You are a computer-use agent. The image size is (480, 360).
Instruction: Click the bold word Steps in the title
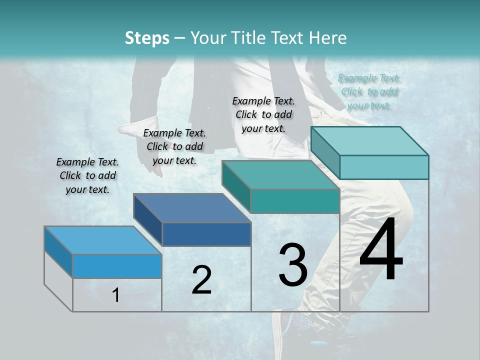coord(147,38)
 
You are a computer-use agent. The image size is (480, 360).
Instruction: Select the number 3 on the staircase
coord(293,265)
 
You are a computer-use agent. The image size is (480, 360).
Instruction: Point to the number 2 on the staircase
coord(201,280)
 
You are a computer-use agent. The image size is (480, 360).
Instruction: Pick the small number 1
coord(116,295)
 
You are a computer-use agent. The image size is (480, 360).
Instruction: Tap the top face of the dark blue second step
coord(192,207)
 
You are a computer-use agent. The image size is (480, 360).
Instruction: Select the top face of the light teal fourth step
coord(370,141)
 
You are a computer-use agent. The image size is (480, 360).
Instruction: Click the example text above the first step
coord(88,175)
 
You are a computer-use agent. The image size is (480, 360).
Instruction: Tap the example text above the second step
coord(174,146)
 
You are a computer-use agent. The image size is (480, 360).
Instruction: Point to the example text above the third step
coord(263,114)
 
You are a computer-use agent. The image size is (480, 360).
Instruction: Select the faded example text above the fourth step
coord(369,91)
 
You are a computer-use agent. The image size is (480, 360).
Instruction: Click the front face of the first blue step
coord(117,266)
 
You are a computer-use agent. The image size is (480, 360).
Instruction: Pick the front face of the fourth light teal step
coord(384,167)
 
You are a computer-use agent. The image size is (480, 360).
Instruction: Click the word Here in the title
coord(328,38)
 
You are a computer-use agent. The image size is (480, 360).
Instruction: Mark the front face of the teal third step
coord(295,201)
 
